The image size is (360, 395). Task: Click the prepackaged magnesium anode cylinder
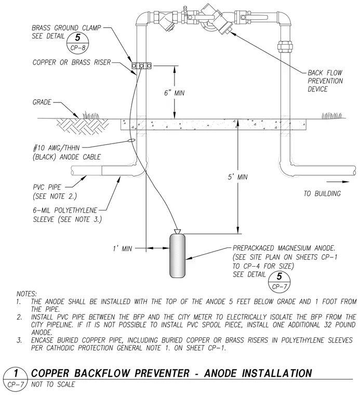click(x=178, y=256)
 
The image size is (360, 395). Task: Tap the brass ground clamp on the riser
click(x=142, y=66)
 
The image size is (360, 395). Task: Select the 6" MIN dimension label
click(x=174, y=93)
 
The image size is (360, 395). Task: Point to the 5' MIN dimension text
click(x=237, y=177)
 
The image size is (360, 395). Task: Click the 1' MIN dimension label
click(x=123, y=248)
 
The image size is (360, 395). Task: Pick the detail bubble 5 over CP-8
click(x=78, y=42)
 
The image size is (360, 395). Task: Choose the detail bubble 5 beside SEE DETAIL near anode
click(x=279, y=281)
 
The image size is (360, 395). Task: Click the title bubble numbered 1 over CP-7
click(x=16, y=378)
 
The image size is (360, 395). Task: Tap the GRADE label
click(x=42, y=102)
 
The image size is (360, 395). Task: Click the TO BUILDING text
click(x=322, y=193)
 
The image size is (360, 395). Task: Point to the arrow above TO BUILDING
click(x=338, y=181)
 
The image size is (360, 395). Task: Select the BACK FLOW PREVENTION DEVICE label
click(x=325, y=81)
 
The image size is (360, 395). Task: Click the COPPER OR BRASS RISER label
click(x=72, y=62)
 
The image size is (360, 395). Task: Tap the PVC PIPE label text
click(x=47, y=187)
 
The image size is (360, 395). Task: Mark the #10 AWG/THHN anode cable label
click(x=66, y=152)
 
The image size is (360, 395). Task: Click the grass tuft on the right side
click(x=332, y=115)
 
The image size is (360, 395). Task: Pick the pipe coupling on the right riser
click(x=285, y=46)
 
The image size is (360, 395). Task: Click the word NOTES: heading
click(x=26, y=294)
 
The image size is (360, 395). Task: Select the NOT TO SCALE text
click(x=53, y=385)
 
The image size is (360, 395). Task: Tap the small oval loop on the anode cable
click(x=131, y=140)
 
